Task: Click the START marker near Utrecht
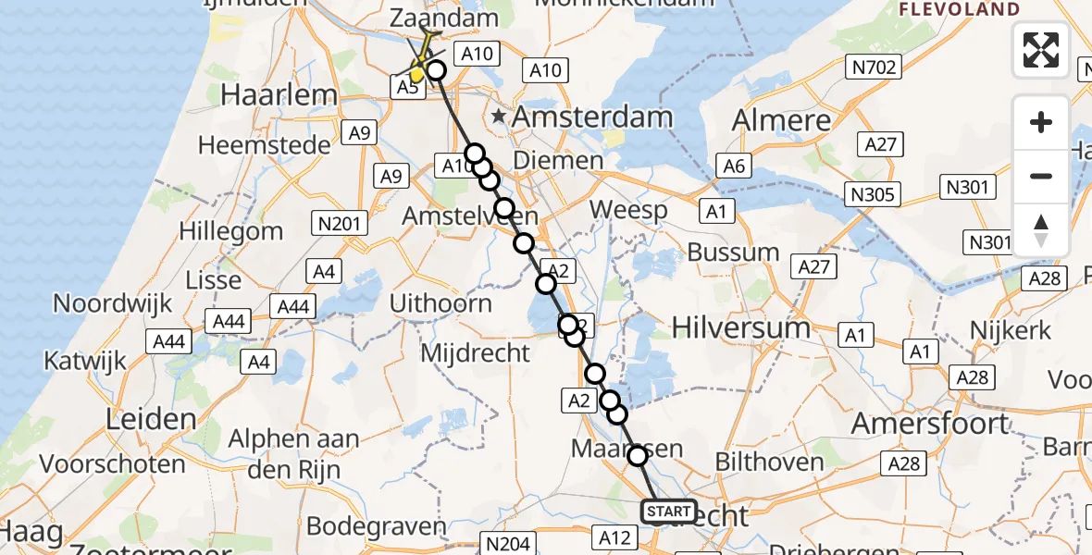click(668, 511)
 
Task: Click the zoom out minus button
click(1041, 176)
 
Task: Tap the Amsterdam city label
click(592, 117)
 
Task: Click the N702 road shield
click(875, 67)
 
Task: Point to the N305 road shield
click(874, 193)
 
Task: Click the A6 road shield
click(734, 166)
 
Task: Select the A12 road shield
click(614, 537)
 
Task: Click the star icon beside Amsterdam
click(500, 117)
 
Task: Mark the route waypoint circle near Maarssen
click(637, 455)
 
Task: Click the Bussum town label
click(733, 253)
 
